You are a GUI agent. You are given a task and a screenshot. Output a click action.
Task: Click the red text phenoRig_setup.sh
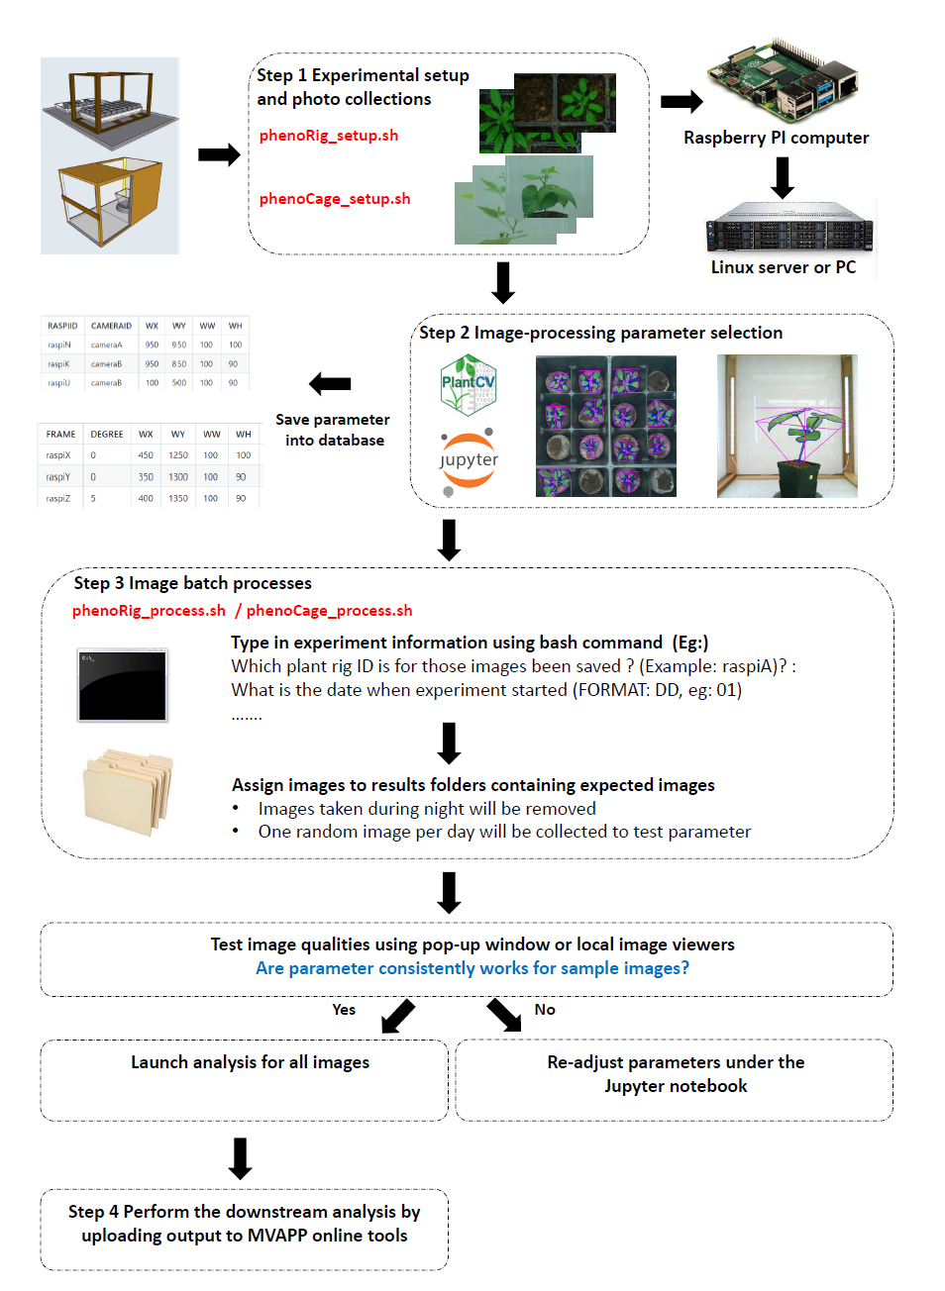click(328, 136)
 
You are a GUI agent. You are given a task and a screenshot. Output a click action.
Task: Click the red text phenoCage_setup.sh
click(334, 199)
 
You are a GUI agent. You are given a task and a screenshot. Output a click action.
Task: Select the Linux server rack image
click(788, 228)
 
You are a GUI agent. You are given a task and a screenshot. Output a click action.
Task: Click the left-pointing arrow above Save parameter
click(330, 383)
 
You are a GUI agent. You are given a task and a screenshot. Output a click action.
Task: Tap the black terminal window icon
click(123, 685)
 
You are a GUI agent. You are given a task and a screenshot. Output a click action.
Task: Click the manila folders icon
click(129, 792)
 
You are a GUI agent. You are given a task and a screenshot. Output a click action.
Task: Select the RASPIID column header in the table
click(62, 326)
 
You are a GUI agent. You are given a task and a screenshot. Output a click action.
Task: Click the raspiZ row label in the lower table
click(58, 499)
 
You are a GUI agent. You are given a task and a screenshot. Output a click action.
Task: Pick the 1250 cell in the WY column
click(178, 455)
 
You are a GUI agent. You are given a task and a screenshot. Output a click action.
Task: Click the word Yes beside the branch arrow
click(344, 1010)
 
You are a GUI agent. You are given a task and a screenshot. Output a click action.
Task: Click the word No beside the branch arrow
click(545, 1010)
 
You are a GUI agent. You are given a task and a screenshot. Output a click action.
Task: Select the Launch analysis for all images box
click(245, 1079)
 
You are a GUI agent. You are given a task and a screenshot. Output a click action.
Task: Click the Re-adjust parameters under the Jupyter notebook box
click(675, 1079)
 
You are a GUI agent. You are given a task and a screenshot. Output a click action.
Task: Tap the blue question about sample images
click(472, 968)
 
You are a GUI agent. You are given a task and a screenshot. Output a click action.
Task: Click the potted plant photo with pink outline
click(787, 427)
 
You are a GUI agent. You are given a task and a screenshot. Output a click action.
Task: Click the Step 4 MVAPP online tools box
click(245, 1229)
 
